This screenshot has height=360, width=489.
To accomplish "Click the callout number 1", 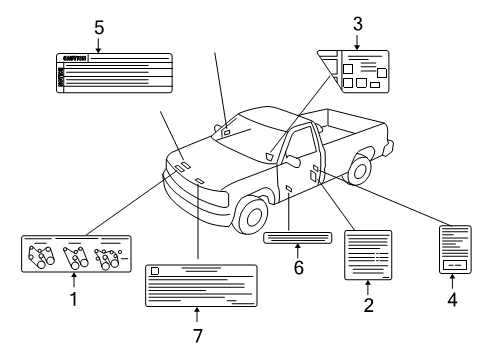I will click(73, 299).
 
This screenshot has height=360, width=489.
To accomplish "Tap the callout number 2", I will click(368, 305).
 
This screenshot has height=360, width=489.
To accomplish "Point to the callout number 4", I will click(453, 298).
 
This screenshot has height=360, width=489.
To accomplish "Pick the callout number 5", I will click(98, 27).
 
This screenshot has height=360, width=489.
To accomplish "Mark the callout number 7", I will click(197, 334).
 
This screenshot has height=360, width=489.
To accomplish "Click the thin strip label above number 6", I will click(297, 237).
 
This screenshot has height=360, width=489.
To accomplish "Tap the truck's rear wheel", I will click(359, 169).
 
